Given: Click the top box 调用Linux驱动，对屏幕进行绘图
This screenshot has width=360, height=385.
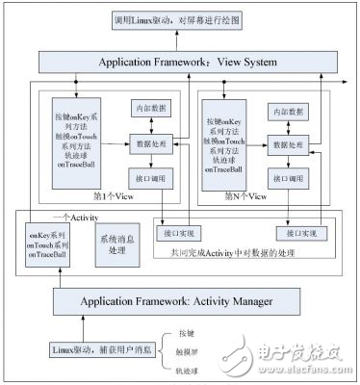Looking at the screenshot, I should coord(180,20).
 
